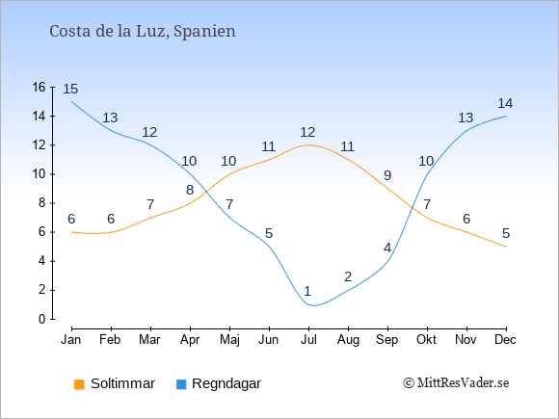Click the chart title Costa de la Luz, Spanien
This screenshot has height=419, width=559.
143,32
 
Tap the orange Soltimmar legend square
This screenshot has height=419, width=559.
79,384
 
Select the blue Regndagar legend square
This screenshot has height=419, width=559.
181,384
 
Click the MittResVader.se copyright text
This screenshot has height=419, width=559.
456,383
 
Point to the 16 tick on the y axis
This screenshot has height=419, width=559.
39,87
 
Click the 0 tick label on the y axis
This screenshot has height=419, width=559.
42,319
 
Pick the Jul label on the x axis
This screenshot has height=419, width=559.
308,340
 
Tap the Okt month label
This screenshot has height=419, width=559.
426,340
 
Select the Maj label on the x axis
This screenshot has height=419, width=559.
229,340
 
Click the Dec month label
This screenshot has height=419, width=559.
505,340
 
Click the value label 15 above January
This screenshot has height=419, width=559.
70,89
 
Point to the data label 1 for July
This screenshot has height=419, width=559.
307,291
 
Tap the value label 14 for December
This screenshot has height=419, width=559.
505,103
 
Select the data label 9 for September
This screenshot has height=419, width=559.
387,175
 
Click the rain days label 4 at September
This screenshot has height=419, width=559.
387,248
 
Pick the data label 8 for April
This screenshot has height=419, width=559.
190,190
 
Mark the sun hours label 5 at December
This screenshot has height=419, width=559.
506,233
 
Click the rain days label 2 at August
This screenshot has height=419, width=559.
348,276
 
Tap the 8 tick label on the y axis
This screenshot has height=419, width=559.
42,203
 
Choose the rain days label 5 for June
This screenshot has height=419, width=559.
269,233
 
